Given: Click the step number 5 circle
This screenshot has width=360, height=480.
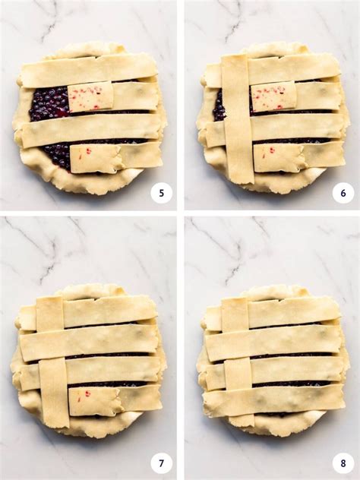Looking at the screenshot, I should tap(161, 193).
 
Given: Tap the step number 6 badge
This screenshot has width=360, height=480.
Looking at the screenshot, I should tap(343, 193).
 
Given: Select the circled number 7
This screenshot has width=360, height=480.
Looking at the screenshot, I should tap(161, 463).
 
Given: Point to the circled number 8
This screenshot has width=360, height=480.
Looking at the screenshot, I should tap(343, 463).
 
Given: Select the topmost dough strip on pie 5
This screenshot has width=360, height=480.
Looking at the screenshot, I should tap(87, 70).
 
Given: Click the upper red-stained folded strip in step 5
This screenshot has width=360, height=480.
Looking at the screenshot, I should tap(90, 97).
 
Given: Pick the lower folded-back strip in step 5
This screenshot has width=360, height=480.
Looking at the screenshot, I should tap(95, 158).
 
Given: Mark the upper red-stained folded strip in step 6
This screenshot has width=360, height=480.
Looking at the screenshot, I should tap(273, 97).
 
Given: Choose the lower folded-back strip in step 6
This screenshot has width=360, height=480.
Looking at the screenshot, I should tap(277, 158).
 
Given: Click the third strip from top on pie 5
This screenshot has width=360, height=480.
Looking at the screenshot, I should tap(91, 130).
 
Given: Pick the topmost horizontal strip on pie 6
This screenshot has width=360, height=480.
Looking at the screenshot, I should tap(292, 68).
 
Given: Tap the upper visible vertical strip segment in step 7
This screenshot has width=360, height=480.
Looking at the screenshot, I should tap(50, 313).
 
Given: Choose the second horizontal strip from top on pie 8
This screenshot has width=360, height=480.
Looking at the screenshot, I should tap(273, 342).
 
